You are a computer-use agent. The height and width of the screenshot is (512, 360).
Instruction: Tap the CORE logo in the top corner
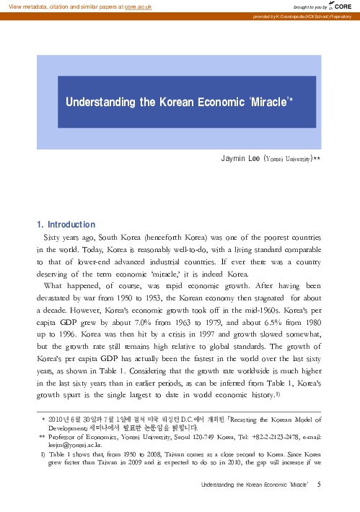click(341, 6)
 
